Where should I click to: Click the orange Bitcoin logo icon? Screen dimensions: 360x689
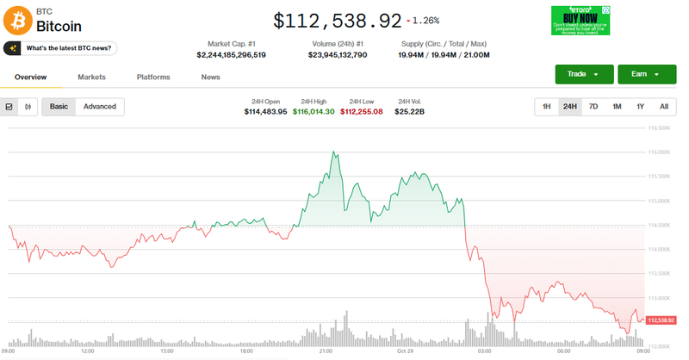[x=17, y=20]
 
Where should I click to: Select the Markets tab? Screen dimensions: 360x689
[x=91, y=78]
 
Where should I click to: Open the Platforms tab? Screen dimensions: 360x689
[x=153, y=78]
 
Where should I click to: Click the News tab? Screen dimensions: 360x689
[x=210, y=78]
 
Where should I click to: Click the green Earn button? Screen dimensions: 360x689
[x=640, y=74]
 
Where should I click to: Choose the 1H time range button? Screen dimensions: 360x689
[x=546, y=107]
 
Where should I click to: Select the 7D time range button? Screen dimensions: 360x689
[x=593, y=107]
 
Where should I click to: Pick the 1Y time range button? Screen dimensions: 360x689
[x=640, y=107]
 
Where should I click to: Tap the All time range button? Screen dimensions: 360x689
[x=663, y=107]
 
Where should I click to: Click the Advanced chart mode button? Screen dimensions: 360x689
[x=100, y=107]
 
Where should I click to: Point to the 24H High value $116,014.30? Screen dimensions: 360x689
[x=313, y=112]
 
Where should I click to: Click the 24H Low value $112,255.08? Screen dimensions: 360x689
[x=361, y=112]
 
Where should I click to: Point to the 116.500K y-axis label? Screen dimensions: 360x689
[x=658, y=128]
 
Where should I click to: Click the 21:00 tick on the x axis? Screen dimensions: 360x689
[x=326, y=351]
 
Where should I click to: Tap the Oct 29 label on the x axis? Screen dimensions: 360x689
[x=406, y=351]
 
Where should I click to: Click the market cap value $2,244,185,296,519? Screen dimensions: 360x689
[x=231, y=55]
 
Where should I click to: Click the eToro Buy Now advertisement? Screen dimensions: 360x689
[x=580, y=20]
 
